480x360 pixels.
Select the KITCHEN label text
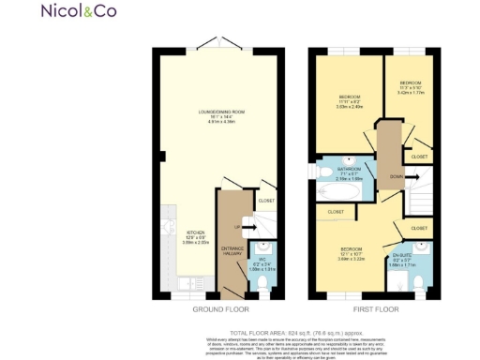click(x=195, y=232)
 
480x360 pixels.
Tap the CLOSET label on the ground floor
click(x=267, y=200)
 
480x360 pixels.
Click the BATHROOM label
click(x=349, y=170)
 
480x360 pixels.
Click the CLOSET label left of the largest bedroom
click(x=335, y=212)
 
